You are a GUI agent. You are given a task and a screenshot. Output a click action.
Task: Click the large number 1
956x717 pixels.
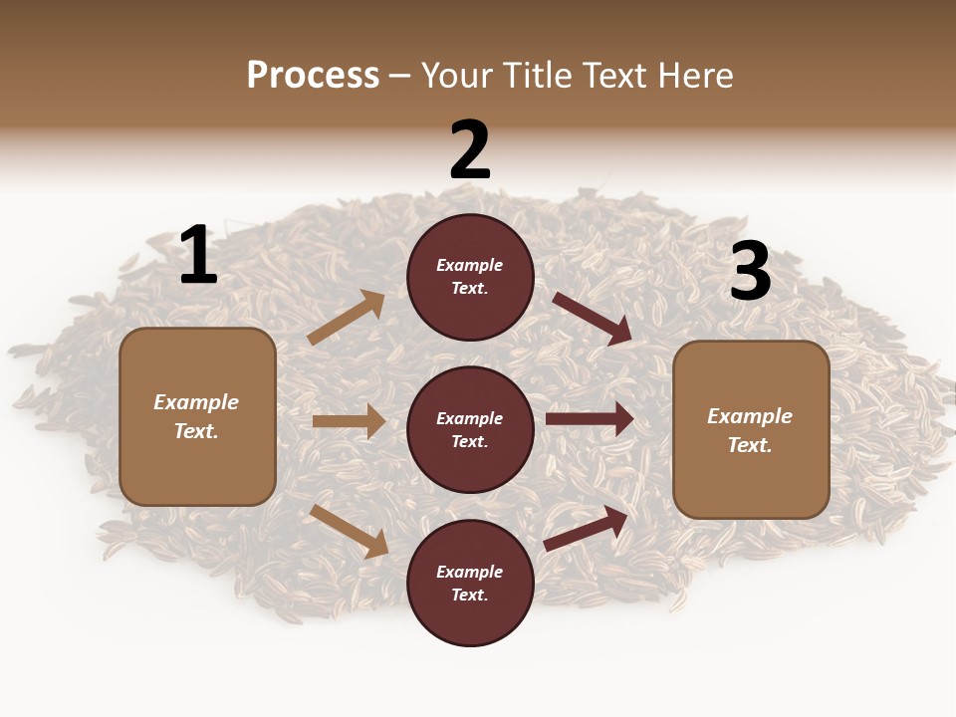(x=198, y=256)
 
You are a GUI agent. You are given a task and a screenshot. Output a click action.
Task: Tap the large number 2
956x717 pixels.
(x=470, y=150)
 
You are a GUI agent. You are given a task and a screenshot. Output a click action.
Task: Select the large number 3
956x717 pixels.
(x=750, y=272)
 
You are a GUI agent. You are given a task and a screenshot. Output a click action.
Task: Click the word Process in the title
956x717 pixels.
(x=313, y=75)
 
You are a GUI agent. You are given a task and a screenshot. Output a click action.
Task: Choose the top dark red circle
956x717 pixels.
(x=470, y=277)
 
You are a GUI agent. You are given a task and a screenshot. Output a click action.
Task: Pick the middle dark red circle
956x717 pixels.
(x=470, y=429)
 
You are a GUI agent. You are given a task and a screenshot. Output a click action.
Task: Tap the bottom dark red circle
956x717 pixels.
(x=470, y=583)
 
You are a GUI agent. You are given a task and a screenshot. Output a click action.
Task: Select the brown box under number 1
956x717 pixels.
(x=197, y=416)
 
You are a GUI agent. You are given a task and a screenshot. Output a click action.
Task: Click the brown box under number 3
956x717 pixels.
(x=751, y=430)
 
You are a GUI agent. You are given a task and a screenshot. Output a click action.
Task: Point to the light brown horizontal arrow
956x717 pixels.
(x=349, y=421)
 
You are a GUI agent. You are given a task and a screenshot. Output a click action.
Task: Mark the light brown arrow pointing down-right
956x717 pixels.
(x=349, y=531)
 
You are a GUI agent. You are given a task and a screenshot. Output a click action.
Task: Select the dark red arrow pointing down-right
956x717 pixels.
(x=593, y=319)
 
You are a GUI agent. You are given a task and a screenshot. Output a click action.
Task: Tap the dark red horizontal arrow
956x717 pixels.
(x=590, y=418)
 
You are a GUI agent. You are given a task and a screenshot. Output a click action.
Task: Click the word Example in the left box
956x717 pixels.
(x=196, y=402)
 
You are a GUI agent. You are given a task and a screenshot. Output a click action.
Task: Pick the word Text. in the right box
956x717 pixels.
(x=750, y=445)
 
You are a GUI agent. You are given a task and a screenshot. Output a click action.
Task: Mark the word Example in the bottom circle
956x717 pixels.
(x=470, y=572)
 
